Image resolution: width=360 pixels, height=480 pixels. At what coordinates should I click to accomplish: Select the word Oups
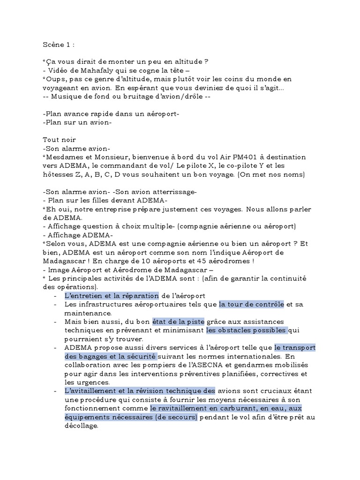(x=54, y=79)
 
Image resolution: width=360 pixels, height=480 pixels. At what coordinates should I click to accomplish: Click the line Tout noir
(x=59, y=140)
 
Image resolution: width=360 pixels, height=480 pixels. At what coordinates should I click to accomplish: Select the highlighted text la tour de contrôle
(x=252, y=304)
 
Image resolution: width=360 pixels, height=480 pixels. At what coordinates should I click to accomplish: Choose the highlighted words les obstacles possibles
(x=247, y=330)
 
